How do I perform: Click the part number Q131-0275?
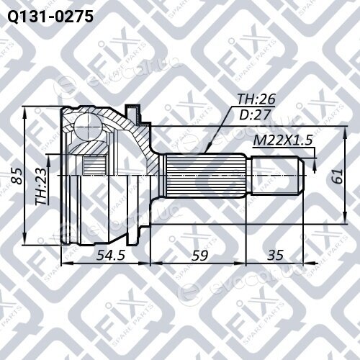tap(50, 17)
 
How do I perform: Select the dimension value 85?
tap(17, 176)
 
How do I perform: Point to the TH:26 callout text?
tap(256, 99)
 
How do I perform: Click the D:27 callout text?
tap(256, 114)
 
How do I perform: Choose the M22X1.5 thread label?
tap(283, 140)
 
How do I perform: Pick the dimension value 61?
tap(338, 176)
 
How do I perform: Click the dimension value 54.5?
tap(110, 255)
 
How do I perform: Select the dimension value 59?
tap(199, 256)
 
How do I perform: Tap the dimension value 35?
tap(275, 255)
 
